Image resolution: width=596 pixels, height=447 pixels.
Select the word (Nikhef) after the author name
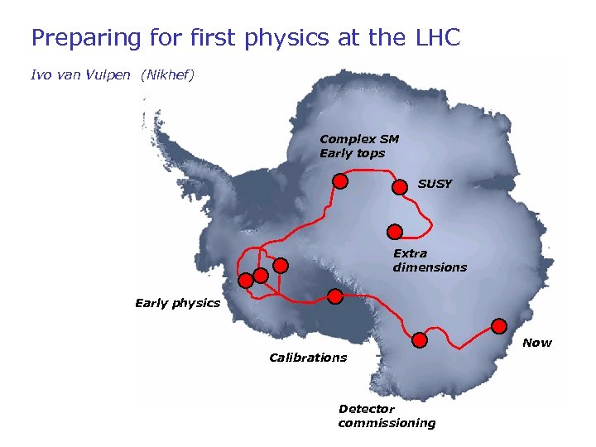[167, 75]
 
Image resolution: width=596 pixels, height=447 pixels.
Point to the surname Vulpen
[111, 75]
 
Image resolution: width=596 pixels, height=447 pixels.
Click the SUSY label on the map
[435, 184]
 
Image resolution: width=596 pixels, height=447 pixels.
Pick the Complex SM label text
[359, 139]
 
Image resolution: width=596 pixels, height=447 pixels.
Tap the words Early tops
[352, 153]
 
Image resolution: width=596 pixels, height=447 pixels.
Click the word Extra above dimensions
[410, 253]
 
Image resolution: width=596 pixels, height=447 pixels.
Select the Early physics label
[177, 303]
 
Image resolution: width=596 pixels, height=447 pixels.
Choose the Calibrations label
[308, 358]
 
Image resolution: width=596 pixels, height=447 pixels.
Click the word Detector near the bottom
[367, 409]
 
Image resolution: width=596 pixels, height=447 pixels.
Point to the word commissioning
[387, 423]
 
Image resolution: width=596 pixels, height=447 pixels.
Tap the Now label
[537, 343]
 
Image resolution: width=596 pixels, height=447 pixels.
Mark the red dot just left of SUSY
[399, 187]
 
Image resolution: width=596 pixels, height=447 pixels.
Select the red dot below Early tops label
[339, 181]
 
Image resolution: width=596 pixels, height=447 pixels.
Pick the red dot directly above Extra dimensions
[395, 232]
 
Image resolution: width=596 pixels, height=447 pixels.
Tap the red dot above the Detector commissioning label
[420, 340]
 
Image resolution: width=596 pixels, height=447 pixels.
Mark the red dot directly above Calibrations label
[334, 296]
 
